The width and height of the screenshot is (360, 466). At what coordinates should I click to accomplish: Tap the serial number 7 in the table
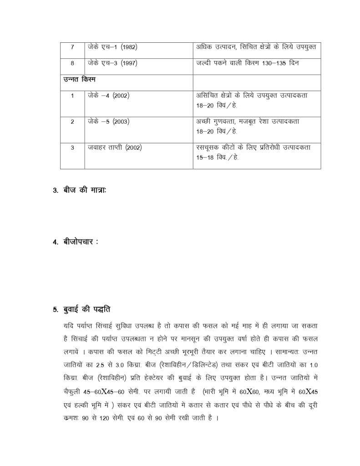tap(72, 47)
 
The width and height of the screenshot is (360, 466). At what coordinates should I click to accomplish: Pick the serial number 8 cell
tap(72, 63)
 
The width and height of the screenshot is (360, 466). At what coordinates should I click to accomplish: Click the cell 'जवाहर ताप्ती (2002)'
tap(115, 148)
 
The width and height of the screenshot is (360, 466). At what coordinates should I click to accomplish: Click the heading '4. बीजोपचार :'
tap(75, 242)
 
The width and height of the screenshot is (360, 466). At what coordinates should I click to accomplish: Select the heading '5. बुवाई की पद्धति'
tap(81, 310)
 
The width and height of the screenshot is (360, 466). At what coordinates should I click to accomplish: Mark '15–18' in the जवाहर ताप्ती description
tap(205, 157)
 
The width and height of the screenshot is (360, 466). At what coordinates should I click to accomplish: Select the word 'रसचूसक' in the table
tap(208, 148)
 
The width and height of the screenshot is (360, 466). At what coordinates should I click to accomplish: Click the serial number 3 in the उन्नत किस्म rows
tap(72, 148)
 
